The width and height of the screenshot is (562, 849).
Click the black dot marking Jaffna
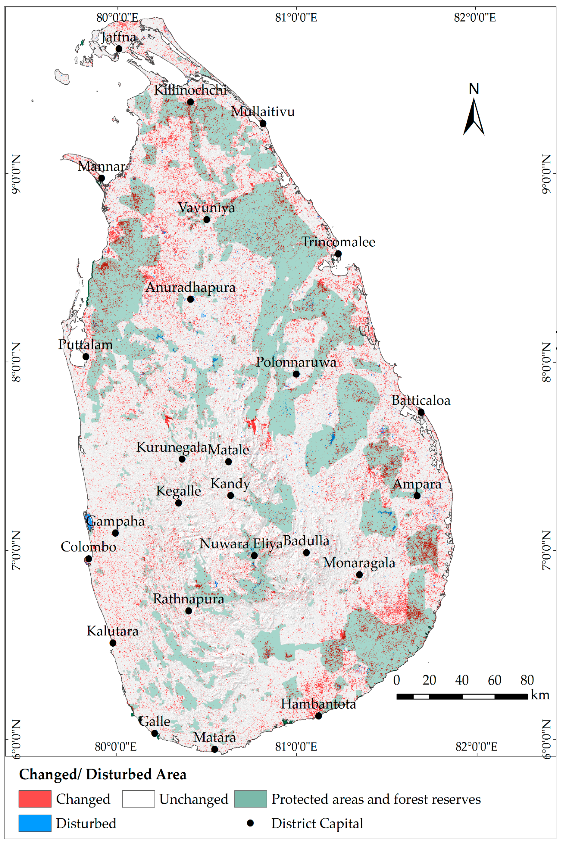[119, 49]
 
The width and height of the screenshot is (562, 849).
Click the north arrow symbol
[474, 117]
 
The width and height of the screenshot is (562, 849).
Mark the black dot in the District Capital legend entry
[250, 823]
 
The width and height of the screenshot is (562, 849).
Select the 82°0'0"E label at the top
[475, 17]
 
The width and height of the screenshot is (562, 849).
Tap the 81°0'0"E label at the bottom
[296, 747]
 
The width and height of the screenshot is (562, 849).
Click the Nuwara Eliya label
[241, 544]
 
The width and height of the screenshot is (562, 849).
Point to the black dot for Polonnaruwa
[296, 374]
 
